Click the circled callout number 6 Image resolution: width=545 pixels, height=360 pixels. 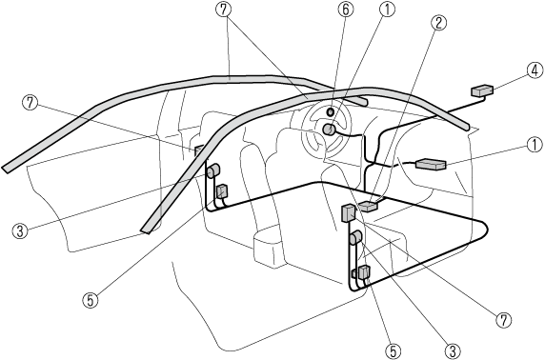click(x=346, y=10)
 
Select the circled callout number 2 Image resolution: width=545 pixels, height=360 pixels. click(x=438, y=23)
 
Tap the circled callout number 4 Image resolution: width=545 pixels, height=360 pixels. click(x=535, y=70)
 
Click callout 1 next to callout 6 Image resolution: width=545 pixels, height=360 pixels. click(x=388, y=10)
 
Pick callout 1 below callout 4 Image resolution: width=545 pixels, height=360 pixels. click(x=535, y=146)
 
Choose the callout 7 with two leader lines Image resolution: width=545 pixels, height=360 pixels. click(x=224, y=10)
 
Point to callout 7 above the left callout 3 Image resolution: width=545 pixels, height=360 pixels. click(x=30, y=103)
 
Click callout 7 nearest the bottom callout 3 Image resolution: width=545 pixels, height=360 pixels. click(x=504, y=319)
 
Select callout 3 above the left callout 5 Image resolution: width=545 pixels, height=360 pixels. click(x=20, y=230)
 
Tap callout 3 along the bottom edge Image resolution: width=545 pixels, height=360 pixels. click(x=453, y=350)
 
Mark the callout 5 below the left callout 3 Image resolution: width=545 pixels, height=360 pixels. click(x=91, y=301)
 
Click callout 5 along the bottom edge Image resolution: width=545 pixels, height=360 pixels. click(x=394, y=350)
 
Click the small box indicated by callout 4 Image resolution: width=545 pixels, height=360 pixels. click(x=482, y=91)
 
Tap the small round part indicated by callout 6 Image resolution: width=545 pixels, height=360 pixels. click(x=331, y=111)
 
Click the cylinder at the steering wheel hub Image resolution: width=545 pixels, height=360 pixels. click(x=329, y=130)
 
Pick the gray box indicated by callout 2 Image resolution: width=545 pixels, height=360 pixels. click(x=368, y=206)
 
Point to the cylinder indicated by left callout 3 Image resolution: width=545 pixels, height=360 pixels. click(x=213, y=171)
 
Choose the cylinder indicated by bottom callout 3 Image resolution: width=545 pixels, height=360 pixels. click(x=356, y=238)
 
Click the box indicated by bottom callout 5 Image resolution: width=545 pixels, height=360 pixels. click(x=364, y=272)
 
